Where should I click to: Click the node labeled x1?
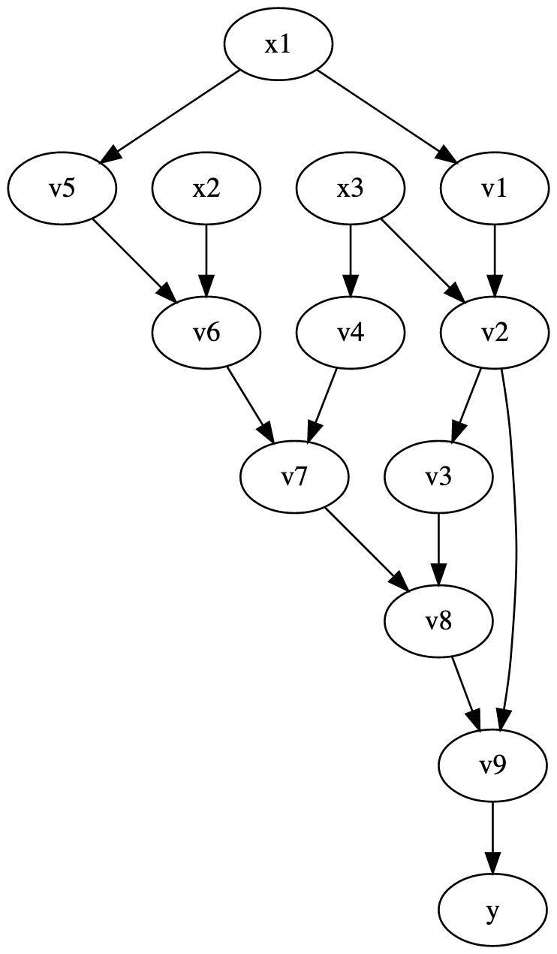pos(278,44)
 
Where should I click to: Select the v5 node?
pos(62,189)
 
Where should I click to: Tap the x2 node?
pos(206,189)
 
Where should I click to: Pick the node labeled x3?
pos(351,189)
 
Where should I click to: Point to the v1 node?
pos(494,189)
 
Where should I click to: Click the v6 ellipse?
pos(206,333)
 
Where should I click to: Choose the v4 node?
pos(351,333)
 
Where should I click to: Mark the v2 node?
pos(494,333)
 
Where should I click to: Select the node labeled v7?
pos(295,477)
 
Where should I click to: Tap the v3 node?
pos(438,477)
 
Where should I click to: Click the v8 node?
pos(438,621)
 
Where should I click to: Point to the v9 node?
pos(492,765)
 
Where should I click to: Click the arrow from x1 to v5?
pos(171,116)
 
